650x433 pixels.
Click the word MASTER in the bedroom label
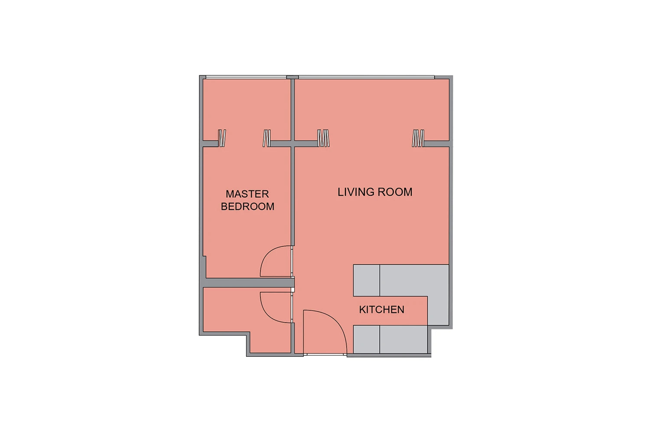(247, 194)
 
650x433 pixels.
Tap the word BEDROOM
(247, 207)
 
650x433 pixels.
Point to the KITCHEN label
(382, 310)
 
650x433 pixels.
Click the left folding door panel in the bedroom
(222, 138)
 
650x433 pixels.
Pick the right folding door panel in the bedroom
(266, 138)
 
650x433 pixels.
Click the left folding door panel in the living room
(323, 138)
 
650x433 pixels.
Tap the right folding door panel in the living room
(418, 138)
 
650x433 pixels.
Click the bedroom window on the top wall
(246, 77)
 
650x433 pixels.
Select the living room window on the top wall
(367, 77)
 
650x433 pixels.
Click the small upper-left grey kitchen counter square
(366, 281)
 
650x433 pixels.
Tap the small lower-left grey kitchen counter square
(366, 339)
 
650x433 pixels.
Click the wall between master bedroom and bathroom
(248, 282)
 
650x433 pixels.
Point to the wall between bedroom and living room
(293, 162)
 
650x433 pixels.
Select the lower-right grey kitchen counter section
(403, 339)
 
